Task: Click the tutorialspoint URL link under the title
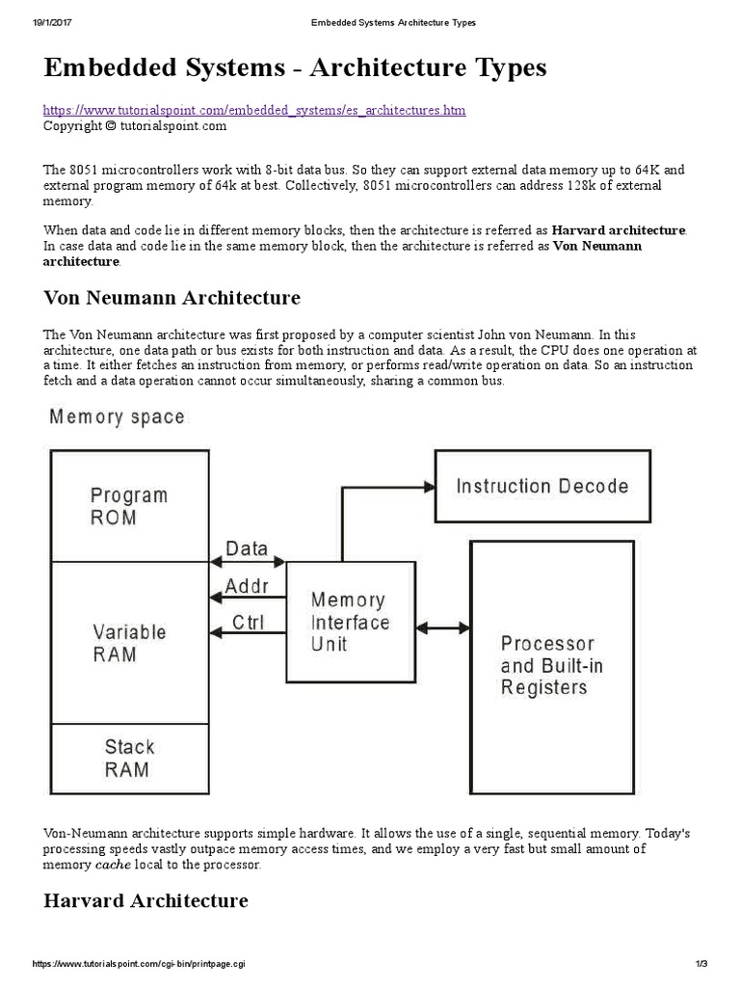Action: pyautogui.click(x=254, y=111)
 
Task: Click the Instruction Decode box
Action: pyautogui.click(x=542, y=486)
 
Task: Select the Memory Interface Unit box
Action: pyautogui.click(x=349, y=622)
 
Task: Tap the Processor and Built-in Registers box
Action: pyautogui.click(x=551, y=664)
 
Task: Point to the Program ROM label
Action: pyautogui.click(x=128, y=506)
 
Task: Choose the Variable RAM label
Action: pyautogui.click(x=129, y=643)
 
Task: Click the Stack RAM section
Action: pyautogui.click(x=129, y=757)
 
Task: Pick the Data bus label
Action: pyautogui.click(x=247, y=548)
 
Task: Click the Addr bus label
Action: pyautogui.click(x=247, y=586)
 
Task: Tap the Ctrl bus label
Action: pyautogui.click(x=248, y=622)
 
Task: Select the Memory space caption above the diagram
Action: pyautogui.click(x=117, y=417)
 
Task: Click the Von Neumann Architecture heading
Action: pyautogui.click(x=172, y=297)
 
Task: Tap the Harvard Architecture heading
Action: pyautogui.click(x=145, y=900)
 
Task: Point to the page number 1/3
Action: pyautogui.click(x=700, y=965)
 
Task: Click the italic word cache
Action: pyautogui.click(x=112, y=865)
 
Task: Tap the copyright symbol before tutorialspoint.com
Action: pyautogui.click(x=110, y=125)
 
